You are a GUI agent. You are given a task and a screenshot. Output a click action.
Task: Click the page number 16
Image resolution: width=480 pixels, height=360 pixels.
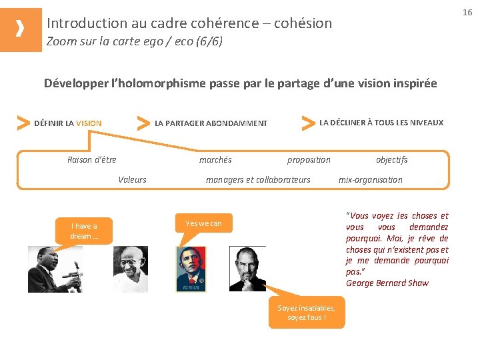pos(467,12)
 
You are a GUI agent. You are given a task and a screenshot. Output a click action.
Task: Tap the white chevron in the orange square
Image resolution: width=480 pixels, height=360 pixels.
pos(20,29)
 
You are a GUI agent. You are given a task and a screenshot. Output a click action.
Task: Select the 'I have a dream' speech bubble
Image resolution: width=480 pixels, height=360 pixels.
pos(84,231)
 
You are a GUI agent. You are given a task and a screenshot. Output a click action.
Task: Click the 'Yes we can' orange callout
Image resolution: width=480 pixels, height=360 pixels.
pos(204,223)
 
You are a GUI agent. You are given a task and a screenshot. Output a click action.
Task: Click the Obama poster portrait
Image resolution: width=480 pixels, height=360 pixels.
pos(191,269)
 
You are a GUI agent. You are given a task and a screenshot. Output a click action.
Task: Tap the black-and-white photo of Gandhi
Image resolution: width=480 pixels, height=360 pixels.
pos(130,269)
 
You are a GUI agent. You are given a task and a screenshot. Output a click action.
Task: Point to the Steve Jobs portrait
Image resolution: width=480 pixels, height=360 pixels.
pos(247,268)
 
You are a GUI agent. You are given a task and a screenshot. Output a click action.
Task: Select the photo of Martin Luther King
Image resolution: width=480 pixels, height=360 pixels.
pos(55,269)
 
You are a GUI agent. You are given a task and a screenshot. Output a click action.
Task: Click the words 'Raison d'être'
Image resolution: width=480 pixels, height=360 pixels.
pos(92,160)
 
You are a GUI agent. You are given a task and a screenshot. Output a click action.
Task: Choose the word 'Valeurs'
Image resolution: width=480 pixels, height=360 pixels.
pos(132,179)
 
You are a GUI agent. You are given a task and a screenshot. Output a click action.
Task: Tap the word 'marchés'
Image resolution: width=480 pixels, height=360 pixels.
pos(215,160)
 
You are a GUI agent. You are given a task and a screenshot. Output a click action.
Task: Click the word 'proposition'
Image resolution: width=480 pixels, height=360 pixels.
pos(309,160)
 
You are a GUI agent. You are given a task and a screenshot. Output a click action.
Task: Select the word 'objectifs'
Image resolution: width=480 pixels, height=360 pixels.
pos(392,160)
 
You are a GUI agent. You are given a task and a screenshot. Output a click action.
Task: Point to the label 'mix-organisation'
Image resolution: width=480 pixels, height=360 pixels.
pos(371,179)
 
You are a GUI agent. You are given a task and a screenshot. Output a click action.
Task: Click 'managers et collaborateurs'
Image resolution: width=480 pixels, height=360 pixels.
pos(258,179)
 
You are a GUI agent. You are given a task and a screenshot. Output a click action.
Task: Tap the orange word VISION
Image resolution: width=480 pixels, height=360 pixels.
pos(89,123)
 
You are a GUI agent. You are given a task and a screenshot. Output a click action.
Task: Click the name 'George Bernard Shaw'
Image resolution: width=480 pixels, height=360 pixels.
pos(387,283)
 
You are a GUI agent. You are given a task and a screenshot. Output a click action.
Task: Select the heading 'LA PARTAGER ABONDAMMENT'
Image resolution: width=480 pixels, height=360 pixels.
pos(211,123)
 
